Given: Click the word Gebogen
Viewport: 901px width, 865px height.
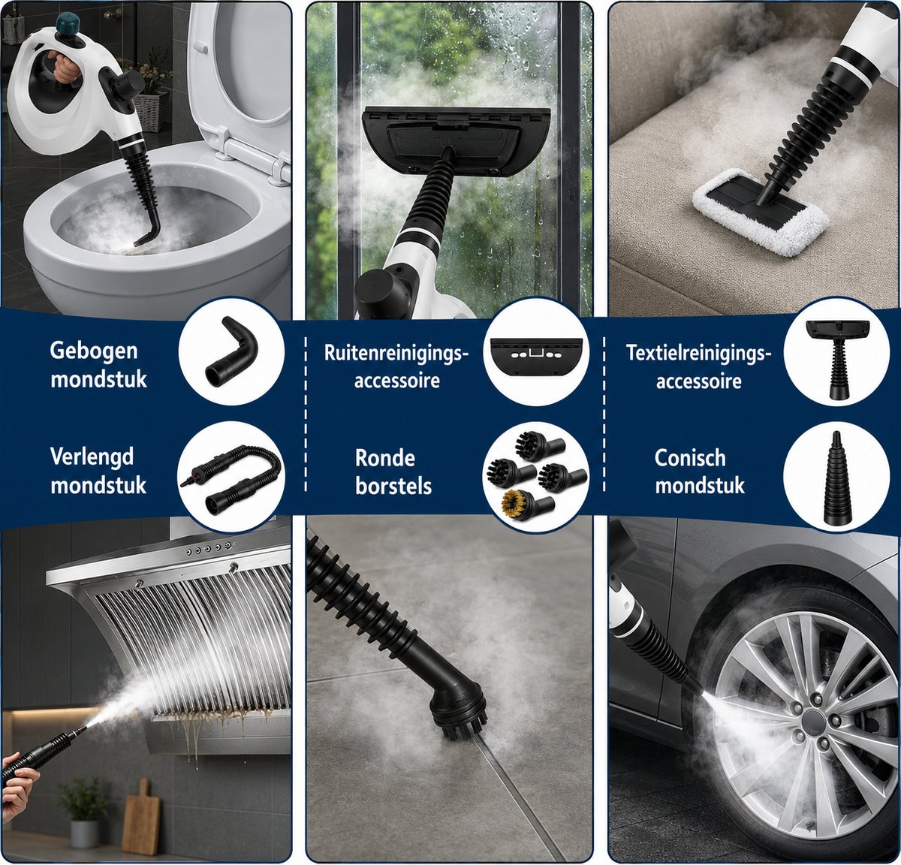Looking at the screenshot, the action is click(x=94, y=351).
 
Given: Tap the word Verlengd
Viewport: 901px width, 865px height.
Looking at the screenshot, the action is click(x=92, y=457).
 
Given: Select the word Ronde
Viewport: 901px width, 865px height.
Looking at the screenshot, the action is click(x=384, y=458).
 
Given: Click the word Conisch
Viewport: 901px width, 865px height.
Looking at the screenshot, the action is click(x=690, y=459).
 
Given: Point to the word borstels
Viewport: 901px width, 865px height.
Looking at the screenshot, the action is click(x=393, y=486).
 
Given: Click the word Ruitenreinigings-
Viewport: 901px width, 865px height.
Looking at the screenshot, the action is click(x=396, y=353).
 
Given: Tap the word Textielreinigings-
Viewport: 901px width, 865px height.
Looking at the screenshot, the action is click(x=699, y=354).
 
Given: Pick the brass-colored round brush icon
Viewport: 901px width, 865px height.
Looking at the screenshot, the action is click(x=527, y=505).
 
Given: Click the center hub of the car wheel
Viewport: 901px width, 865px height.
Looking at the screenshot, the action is click(x=813, y=720).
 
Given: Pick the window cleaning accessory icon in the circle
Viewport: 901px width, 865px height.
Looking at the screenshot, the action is click(x=537, y=357).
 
